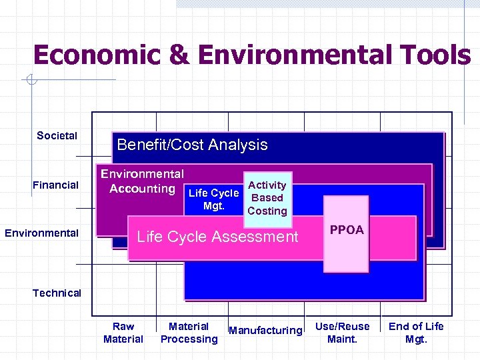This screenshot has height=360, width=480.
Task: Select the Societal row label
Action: coord(57,136)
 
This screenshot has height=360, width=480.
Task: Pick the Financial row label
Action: coord(55,185)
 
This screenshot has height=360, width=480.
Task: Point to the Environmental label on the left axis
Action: coord(41,233)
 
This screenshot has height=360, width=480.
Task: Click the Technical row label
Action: coord(57,293)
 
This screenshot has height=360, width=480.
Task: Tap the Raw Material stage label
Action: coord(123,333)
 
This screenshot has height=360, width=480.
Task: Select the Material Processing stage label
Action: coord(189,333)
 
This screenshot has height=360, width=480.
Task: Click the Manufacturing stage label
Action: coord(265,331)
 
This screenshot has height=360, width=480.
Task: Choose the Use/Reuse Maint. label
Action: coord(342,333)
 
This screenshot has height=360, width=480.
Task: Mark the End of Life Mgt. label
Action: coord(416,333)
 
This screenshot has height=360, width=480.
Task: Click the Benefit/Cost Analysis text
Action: coord(192,145)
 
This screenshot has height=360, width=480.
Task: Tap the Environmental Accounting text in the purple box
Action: coord(142,181)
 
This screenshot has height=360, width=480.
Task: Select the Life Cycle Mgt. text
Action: coord(213,199)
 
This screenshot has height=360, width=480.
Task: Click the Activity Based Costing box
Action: coord(267,198)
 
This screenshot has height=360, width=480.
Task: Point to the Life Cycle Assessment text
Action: coord(217,237)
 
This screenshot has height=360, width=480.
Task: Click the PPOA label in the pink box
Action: coord(347,230)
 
